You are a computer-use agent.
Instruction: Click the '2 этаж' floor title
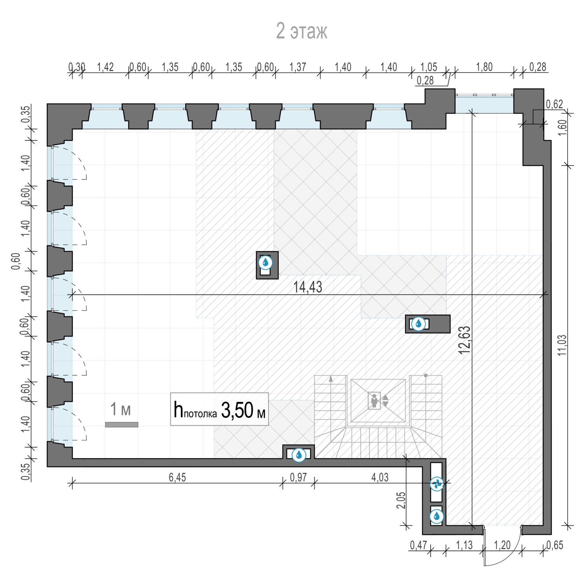coord(302,32)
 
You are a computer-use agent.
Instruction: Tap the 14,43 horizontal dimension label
coord(308,287)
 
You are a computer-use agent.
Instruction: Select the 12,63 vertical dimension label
coord(465,340)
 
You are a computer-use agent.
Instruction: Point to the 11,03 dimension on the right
coord(562,345)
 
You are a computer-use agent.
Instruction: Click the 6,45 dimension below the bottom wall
coord(177,478)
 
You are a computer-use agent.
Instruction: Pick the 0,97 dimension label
coord(298,478)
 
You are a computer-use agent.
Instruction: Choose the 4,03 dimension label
coord(380,478)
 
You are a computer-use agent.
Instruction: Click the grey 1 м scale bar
coord(121,424)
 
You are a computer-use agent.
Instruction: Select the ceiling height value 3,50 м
coord(243,411)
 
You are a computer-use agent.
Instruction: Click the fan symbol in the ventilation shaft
coord(436,484)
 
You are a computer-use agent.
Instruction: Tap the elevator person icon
coord(375,400)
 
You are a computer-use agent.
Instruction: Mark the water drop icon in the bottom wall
coord(299,454)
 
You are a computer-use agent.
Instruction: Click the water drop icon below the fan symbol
coord(436,516)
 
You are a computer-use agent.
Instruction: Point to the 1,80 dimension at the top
coord(484,67)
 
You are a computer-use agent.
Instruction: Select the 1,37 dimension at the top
coord(298,67)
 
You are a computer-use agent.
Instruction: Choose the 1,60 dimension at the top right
coord(562,128)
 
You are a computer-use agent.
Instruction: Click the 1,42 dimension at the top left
coord(105,67)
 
